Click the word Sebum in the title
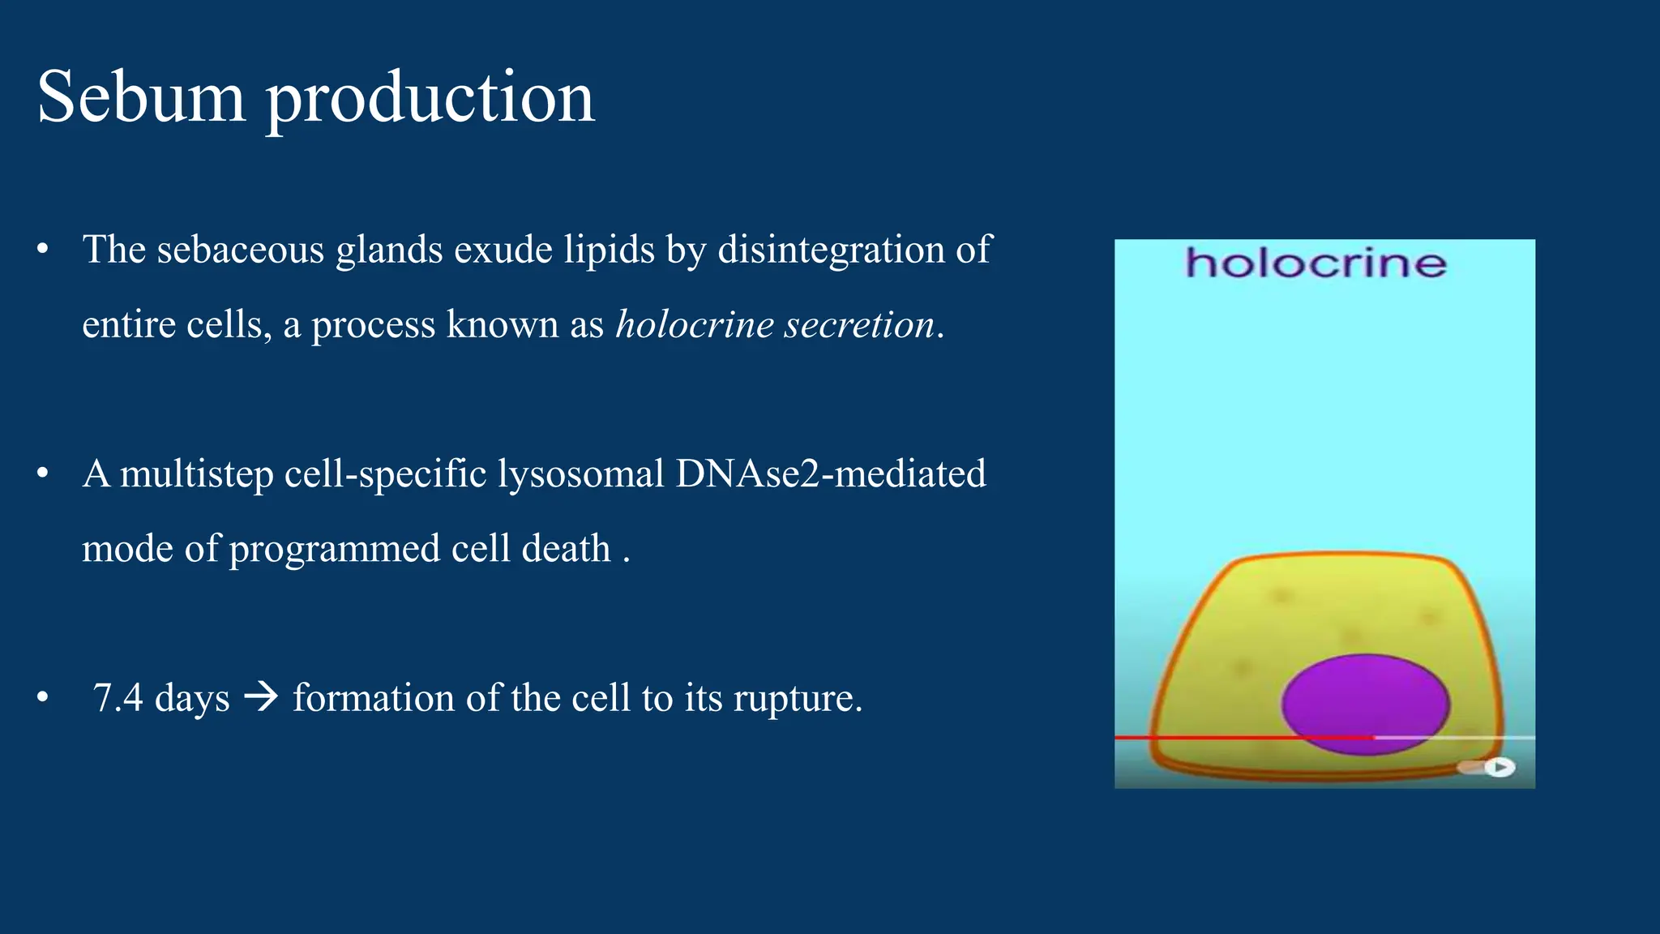[x=141, y=97]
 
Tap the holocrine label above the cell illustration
[x=1316, y=263]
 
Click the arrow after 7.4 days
[x=261, y=696]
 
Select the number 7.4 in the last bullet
[x=118, y=697]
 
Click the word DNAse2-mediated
[x=830, y=473]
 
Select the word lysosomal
[x=580, y=473]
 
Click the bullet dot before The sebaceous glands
[x=43, y=249]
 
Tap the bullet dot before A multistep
[x=43, y=473]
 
